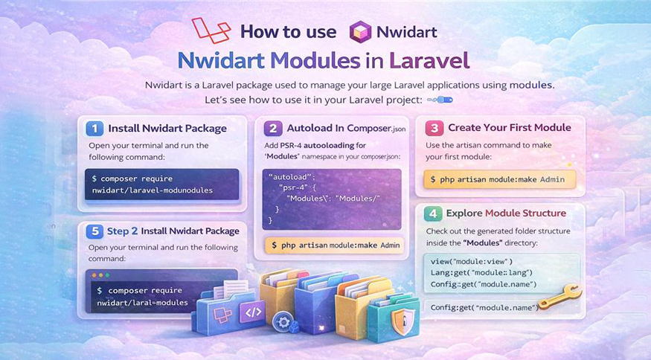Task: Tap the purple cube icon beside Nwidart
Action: pos(360,31)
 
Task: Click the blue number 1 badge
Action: pos(94,127)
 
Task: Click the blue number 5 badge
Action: pos(94,230)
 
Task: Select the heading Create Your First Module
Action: pos(509,127)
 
